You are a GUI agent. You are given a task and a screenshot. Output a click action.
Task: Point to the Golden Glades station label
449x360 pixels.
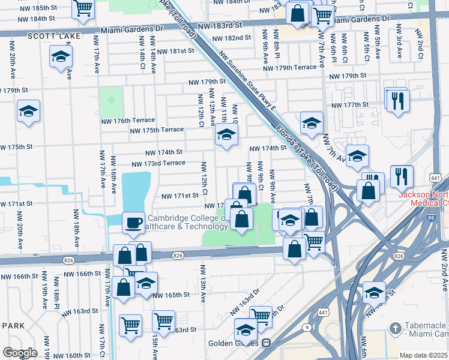233,343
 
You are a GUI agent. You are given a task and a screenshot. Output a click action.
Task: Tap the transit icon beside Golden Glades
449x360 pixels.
265,343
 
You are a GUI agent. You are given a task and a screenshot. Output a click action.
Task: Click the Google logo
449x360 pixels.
20,353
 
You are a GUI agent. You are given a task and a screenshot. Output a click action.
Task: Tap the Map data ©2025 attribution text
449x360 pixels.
423,355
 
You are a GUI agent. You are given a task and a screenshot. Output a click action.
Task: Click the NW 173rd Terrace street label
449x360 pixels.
158,163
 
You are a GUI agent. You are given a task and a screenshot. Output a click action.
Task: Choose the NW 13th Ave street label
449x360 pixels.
203,289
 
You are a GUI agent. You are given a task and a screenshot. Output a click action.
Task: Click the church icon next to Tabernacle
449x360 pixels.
394,328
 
